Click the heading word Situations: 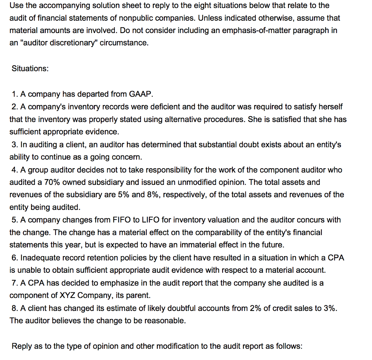(x=30, y=69)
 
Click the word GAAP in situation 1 (x=139, y=94)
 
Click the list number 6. (x=14, y=258)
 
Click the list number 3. (x=14, y=145)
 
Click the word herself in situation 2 (x=330, y=107)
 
